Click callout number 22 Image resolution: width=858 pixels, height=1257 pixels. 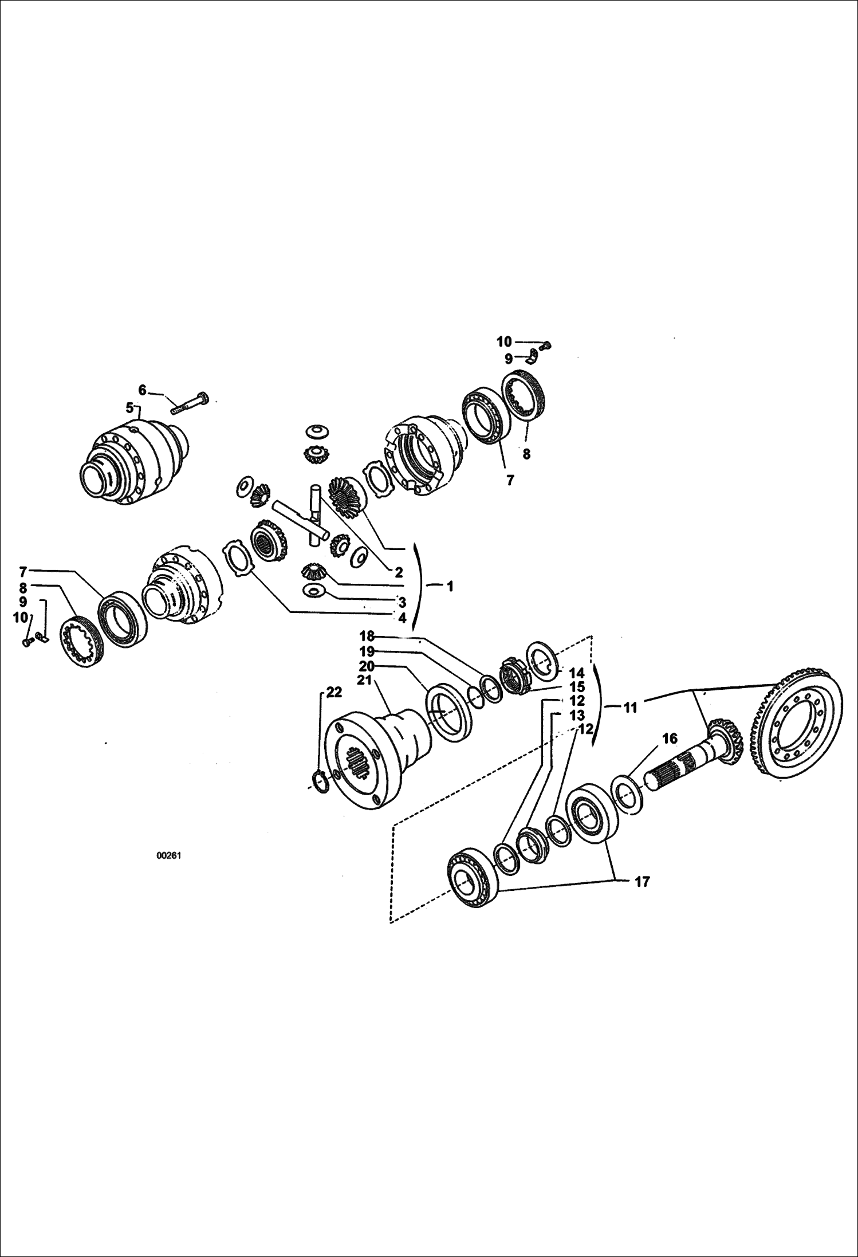(x=334, y=692)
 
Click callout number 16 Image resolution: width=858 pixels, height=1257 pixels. (x=670, y=739)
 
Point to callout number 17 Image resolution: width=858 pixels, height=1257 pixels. (x=643, y=882)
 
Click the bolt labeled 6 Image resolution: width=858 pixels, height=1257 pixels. (x=190, y=402)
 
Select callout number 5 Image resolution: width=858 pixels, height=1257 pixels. (x=130, y=408)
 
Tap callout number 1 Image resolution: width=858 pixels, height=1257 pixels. (x=450, y=586)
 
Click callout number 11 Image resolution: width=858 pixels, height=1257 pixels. (x=630, y=708)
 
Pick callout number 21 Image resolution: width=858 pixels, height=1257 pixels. (x=364, y=679)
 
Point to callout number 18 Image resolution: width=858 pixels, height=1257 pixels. (x=367, y=636)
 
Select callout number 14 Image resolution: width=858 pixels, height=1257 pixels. (x=577, y=673)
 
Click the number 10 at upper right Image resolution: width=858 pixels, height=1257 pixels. (x=504, y=342)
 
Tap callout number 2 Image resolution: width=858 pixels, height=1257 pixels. (x=399, y=572)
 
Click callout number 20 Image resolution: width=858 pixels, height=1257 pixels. (x=367, y=666)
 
